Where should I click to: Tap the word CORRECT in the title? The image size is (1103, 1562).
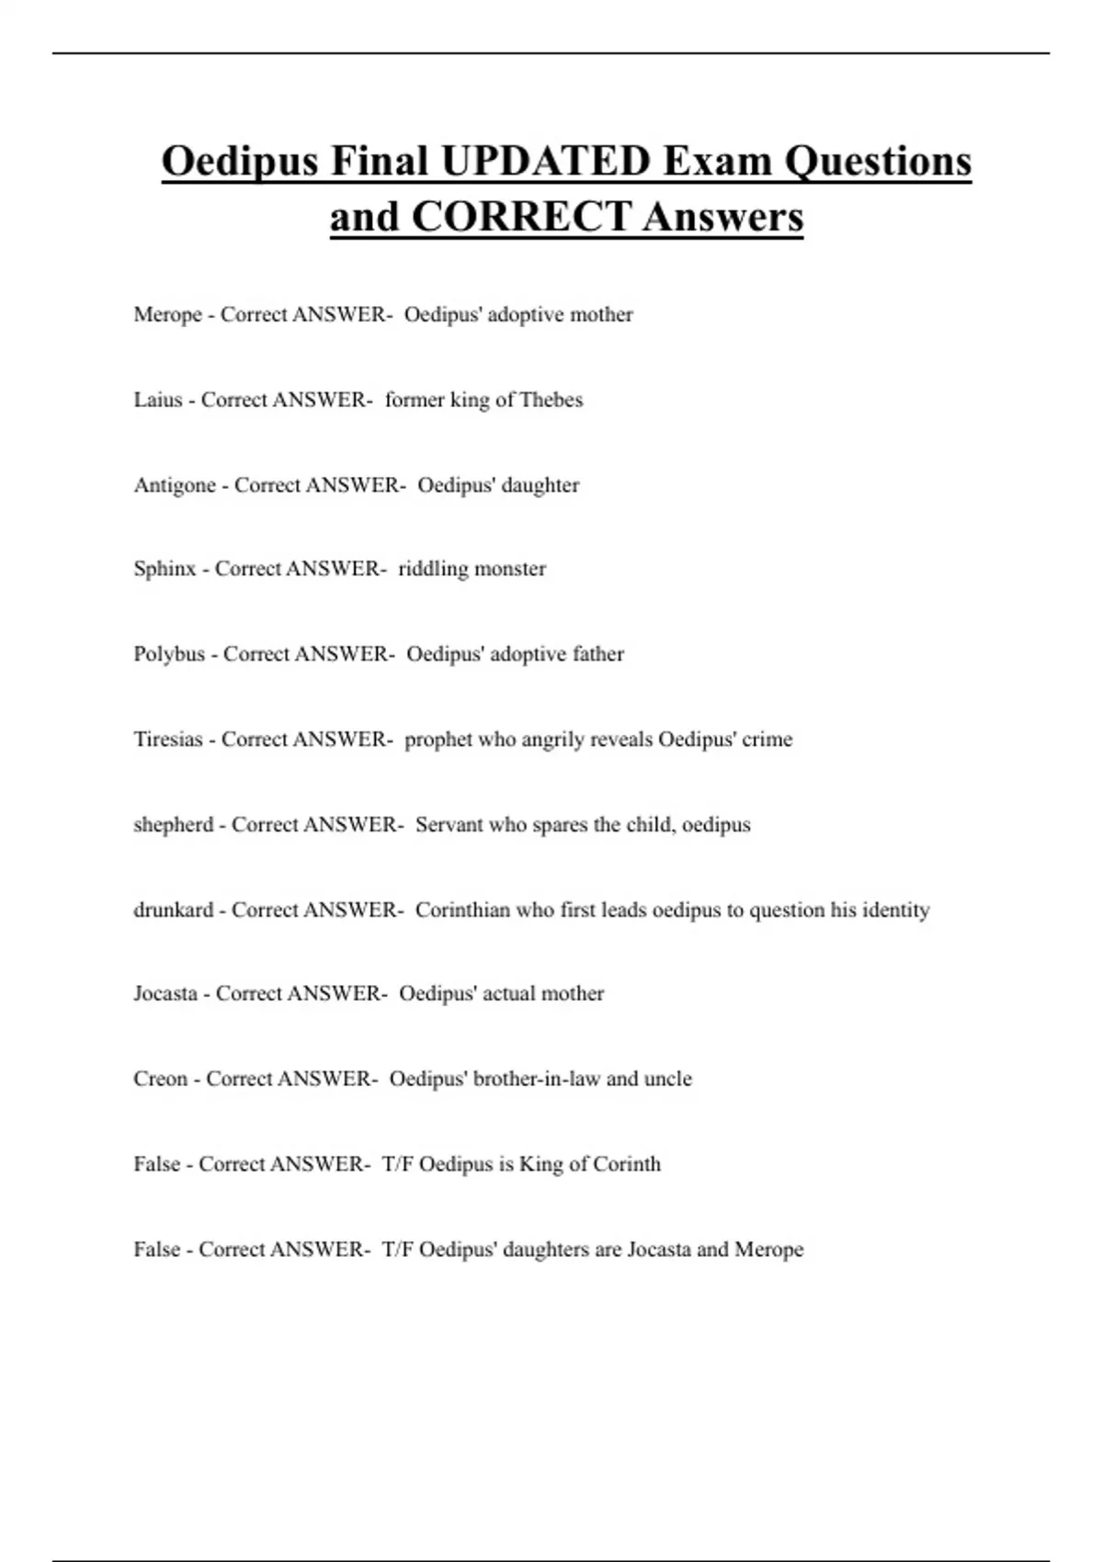click(521, 218)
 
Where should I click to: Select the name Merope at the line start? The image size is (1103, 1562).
click(167, 315)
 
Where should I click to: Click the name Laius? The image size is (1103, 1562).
click(157, 401)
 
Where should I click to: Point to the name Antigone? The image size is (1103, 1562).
click(175, 485)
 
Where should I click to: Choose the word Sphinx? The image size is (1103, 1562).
click(165, 570)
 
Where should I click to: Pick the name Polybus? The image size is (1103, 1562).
click(169, 654)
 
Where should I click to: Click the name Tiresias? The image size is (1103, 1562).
click(167, 740)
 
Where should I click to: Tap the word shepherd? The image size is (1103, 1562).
click(173, 825)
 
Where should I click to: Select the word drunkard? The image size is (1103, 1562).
click(173, 911)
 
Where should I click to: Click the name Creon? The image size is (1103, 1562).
click(160, 1079)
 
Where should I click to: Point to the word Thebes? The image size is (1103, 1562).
click(551, 401)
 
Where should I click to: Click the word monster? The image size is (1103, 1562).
click(511, 570)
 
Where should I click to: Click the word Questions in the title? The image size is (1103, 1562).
click(878, 162)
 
